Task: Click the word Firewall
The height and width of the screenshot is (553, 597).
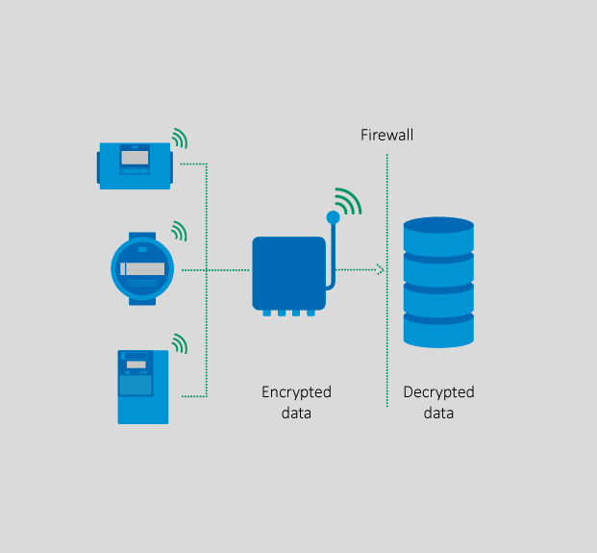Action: (x=386, y=135)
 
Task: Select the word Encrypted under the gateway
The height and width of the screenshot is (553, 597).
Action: (x=296, y=392)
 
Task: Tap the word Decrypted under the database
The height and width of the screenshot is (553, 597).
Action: (x=438, y=392)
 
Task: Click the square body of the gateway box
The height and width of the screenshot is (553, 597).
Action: (x=288, y=272)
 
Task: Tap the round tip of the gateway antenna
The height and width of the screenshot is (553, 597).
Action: (x=334, y=217)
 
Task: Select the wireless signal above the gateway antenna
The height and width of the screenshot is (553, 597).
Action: (x=347, y=200)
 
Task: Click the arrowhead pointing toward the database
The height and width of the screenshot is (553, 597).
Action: (x=380, y=270)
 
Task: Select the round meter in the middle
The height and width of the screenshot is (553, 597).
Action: (x=142, y=270)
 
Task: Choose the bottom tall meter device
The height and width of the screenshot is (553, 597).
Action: (x=142, y=387)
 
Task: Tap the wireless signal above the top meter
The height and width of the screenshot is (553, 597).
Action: (x=179, y=138)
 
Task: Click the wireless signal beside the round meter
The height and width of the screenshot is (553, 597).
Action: (x=179, y=231)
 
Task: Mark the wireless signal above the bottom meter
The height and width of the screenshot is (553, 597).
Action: (x=179, y=342)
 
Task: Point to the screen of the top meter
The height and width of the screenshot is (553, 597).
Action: (x=134, y=157)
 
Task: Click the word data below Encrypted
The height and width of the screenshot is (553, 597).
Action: (x=296, y=414)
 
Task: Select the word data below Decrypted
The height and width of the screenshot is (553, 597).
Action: (x=438, y=414)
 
